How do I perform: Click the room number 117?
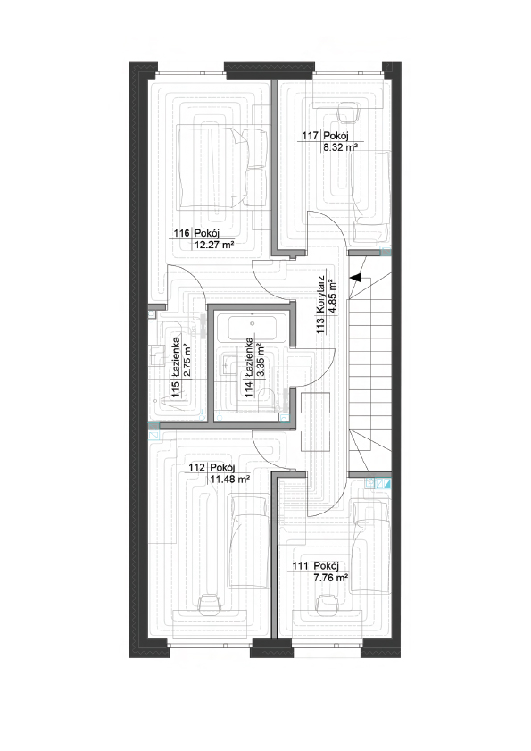[x=310, y=136]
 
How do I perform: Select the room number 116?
[x=181, y=233]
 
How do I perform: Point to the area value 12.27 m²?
[x=214, y=246]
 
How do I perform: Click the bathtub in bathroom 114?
[x=252, y=328]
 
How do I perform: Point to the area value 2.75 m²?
[x=187, y=361]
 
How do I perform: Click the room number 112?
[x=197, y=467]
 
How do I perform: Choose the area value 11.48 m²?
[x=229, y=479]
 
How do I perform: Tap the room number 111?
[x=300, y=565]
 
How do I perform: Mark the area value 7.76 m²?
[x=330, y=578]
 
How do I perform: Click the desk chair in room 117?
[x=348, y=113]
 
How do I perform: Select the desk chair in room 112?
[x=208, y=602]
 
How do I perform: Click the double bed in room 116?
[x=221, y=167]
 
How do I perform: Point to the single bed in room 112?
[x=247, y=542]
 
